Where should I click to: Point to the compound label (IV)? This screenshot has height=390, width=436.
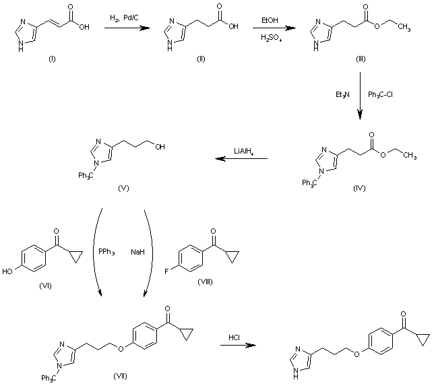tap(359, 188)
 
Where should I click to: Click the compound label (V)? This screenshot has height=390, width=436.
tap(123, 187)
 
